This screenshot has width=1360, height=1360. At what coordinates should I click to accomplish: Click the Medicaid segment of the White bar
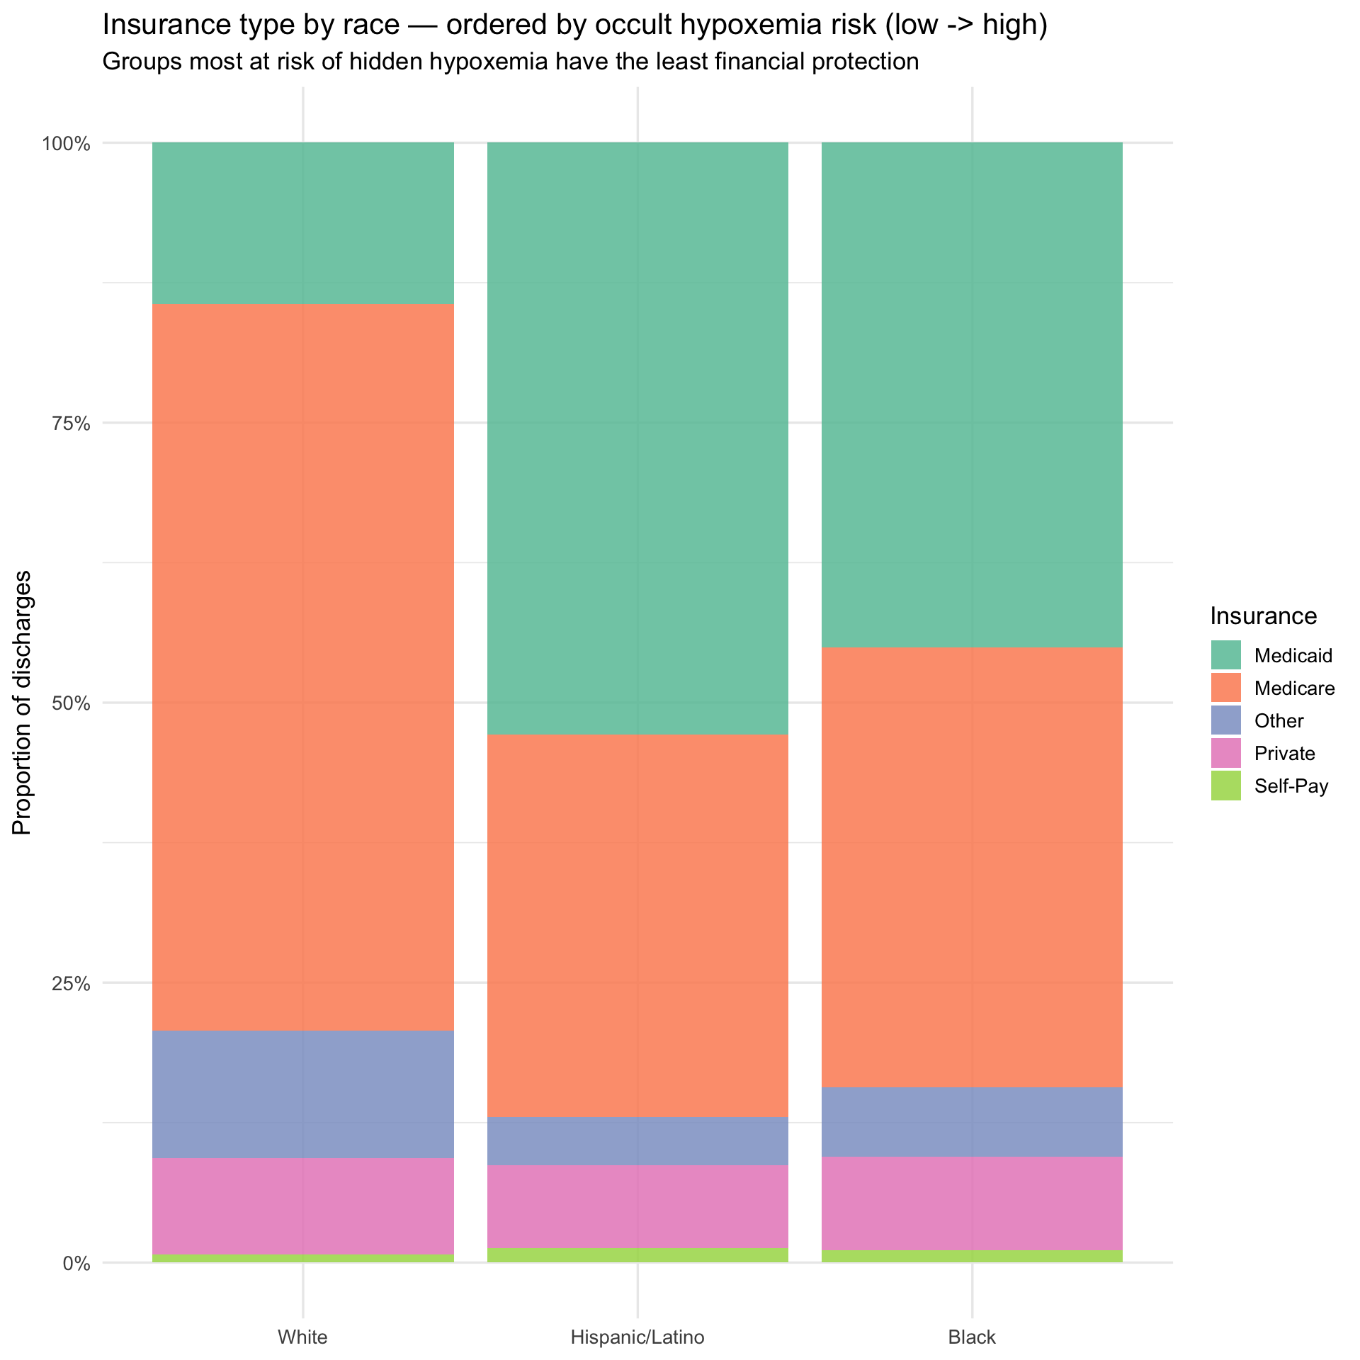(x=303, y=223)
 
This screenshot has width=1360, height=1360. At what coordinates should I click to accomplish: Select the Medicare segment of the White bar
(x=303, y=667)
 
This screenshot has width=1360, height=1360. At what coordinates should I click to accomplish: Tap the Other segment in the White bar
(x=303, y=1094)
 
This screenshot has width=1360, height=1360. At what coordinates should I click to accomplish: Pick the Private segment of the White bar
(x=303, y=1206)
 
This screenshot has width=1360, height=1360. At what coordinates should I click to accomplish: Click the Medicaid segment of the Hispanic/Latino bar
(x=637, y=438)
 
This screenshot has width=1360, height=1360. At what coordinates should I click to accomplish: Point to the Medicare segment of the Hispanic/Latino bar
(x=637, y=926)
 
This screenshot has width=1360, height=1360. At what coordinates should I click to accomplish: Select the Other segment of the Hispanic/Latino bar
(x=637, y=1142)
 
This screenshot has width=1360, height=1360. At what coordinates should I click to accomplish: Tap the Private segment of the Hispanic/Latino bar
(x=637, y=1207)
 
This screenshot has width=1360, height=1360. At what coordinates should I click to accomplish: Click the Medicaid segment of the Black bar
(x=972, y=395)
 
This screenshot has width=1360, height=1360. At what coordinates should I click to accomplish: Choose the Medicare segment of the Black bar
(x=972, y=868)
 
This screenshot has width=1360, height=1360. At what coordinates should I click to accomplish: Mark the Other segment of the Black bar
(x=972, y=1123)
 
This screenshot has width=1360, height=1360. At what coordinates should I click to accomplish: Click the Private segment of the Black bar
(x=972, y=1204)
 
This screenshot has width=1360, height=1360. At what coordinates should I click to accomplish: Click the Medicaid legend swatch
(x=1226, y=655)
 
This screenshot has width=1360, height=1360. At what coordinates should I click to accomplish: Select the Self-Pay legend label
(x=1291, y=786)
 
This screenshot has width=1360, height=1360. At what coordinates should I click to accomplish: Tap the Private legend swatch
(x=1226, y=753)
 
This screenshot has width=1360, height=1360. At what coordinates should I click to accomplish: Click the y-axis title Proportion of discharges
(x=23, y=703)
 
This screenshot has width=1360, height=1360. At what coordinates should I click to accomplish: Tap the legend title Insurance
(x=1264, y=616)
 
